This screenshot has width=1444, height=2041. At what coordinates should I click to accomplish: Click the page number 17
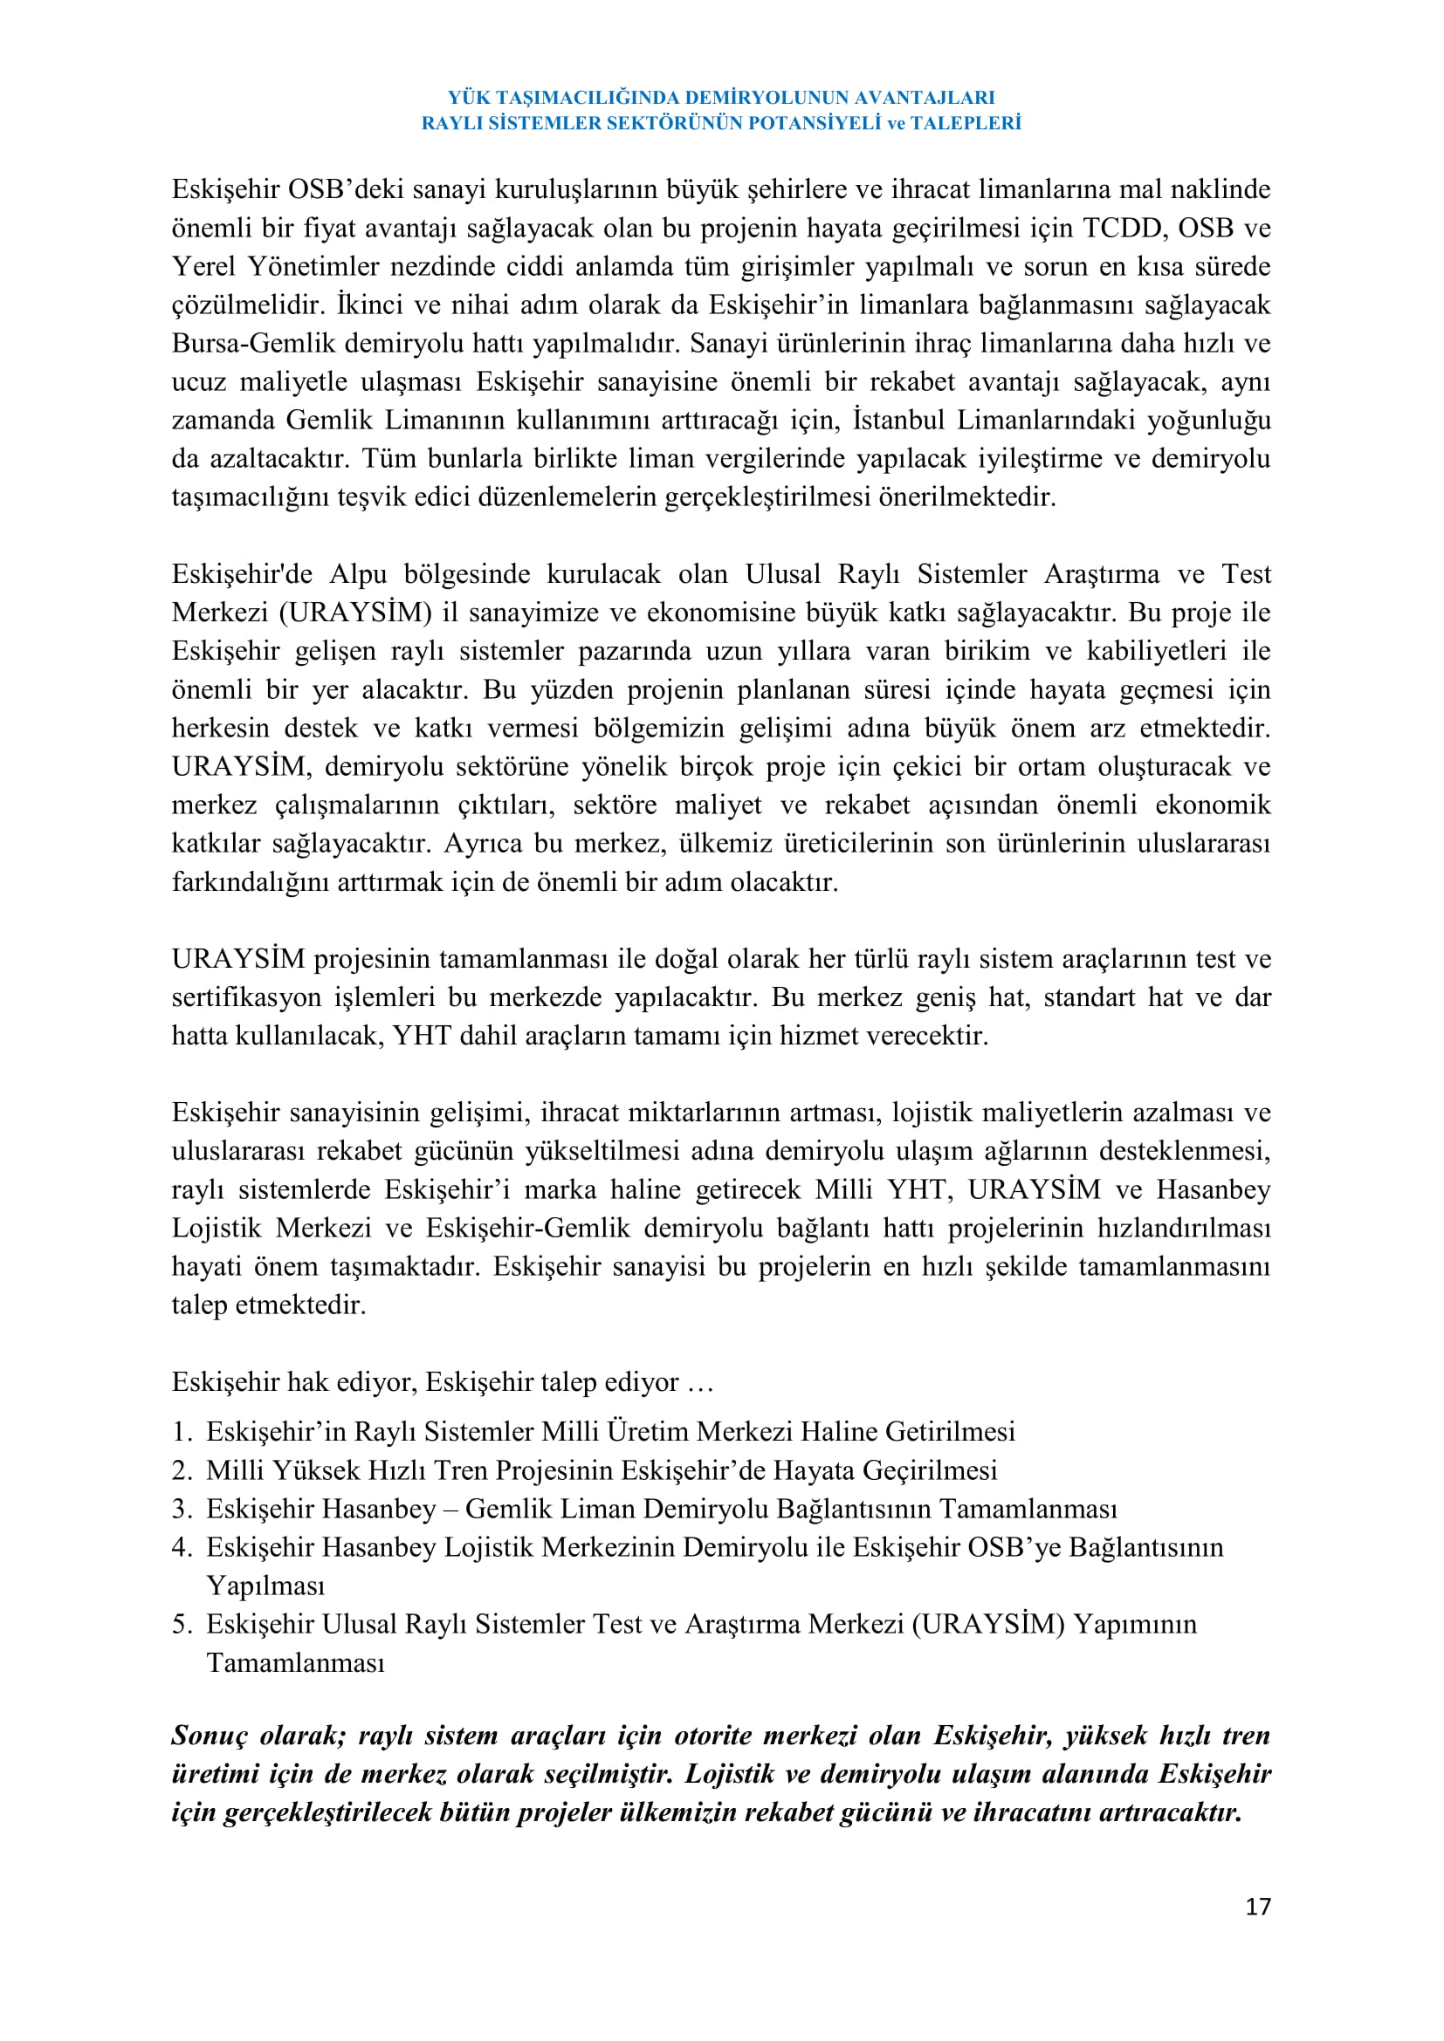pyautogui.click(x=1257, y=1906)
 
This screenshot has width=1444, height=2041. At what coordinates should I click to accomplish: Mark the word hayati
pyautogui.click(x=206, y=1266)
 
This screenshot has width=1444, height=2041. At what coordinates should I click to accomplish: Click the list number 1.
pyautogui.click(x=182, y=1432)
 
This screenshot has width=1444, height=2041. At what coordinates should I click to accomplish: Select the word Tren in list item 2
pyautogui.click(x=461, y=1470)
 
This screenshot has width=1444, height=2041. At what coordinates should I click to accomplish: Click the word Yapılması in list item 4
pyautogui.click(x=266, y=1585)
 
